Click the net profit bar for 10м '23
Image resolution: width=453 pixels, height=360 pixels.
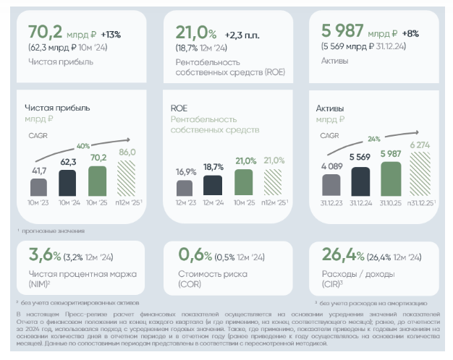(x=38, y=186)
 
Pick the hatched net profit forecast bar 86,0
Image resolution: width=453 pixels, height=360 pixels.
(x=127, y=178)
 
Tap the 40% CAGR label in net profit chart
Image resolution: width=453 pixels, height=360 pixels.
(x=83, y=145)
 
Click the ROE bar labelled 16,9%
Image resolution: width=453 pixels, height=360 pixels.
(x=186, y=187)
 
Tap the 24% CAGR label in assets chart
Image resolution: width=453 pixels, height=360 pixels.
(x=373, y=139)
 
